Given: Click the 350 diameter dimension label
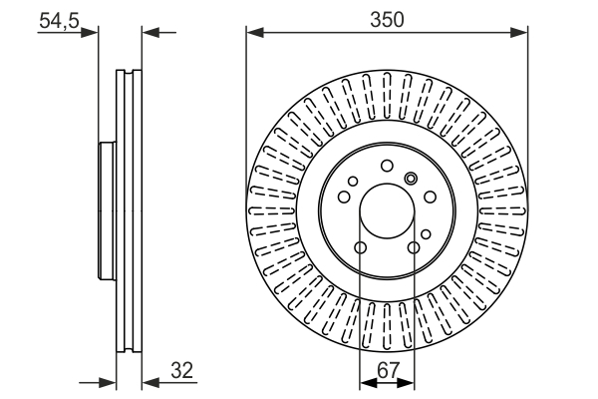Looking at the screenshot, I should [387, 18].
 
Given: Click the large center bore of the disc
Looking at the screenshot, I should [387, 210].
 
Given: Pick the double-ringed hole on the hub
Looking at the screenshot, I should [412, 179].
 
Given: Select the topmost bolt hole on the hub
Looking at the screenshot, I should [387, 166].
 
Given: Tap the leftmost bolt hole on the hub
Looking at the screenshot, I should [344, 197].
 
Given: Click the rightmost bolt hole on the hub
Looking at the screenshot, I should [430, 197].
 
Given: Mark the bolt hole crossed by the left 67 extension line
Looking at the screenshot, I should [360, 247].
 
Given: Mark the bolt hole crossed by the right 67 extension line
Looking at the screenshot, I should [414, 247].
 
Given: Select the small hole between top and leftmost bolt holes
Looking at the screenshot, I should [354, 180].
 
